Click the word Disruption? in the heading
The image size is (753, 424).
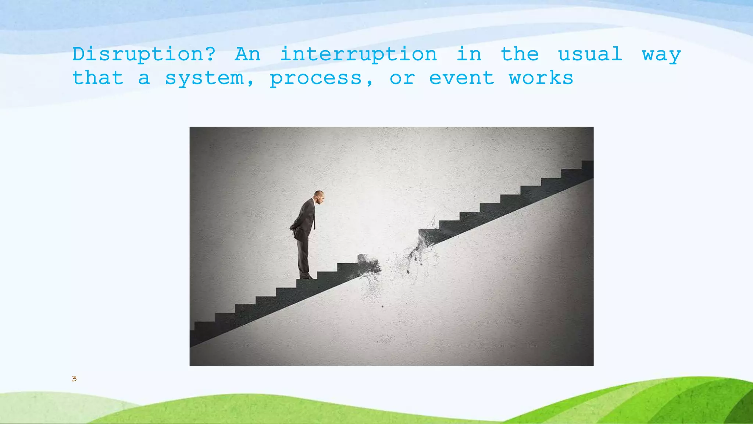click(x=144, y=54)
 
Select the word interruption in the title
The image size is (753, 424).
click(x=358, y=54)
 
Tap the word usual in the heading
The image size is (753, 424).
click(x=590, y=54)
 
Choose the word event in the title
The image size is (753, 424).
click(x=461, y=78)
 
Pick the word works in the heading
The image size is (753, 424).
click(x=541, y=78)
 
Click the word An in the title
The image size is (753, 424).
click(x=248, y=54)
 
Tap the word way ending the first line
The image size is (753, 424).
click(x=661, y=55)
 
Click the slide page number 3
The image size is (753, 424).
click(x=74, y=379)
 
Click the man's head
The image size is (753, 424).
click(x=319, y=197)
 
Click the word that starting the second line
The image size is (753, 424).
click(x=98, y=78)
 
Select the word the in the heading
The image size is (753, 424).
click(x=520, y=54)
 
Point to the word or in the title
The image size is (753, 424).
click(x=402, y=78)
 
